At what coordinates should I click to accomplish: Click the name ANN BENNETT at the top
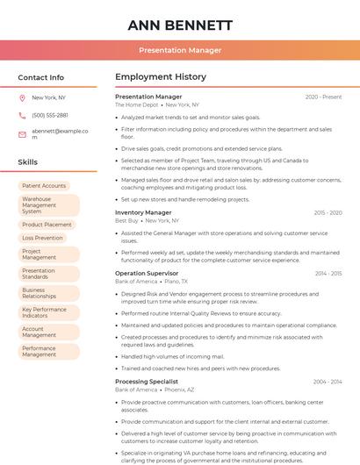[180, 25]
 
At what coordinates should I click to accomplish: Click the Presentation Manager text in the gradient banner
[180, 50]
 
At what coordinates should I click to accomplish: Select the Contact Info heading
[41, 77]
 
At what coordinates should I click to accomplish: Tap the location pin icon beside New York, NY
[23, 98]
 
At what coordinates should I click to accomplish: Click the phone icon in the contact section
[23, 116]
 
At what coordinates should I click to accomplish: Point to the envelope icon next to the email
[23, 133]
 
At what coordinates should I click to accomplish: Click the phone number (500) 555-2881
[50, 116]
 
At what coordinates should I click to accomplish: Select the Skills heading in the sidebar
[28, 162]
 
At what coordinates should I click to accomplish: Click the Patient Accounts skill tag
[44, 186]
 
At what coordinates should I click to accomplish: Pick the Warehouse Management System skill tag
[48, 205]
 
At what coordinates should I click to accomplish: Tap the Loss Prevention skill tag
[43, 238]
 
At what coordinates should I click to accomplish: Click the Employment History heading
[161, 77]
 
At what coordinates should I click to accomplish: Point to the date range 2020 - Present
[323, 97]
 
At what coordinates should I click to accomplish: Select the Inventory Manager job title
[143, 212]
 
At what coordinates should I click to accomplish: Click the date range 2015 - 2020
[328, 212]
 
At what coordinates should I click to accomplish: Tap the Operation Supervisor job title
[147, 273]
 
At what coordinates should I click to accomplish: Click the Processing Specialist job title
[147, 381]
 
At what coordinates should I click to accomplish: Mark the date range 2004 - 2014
[328, 381]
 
